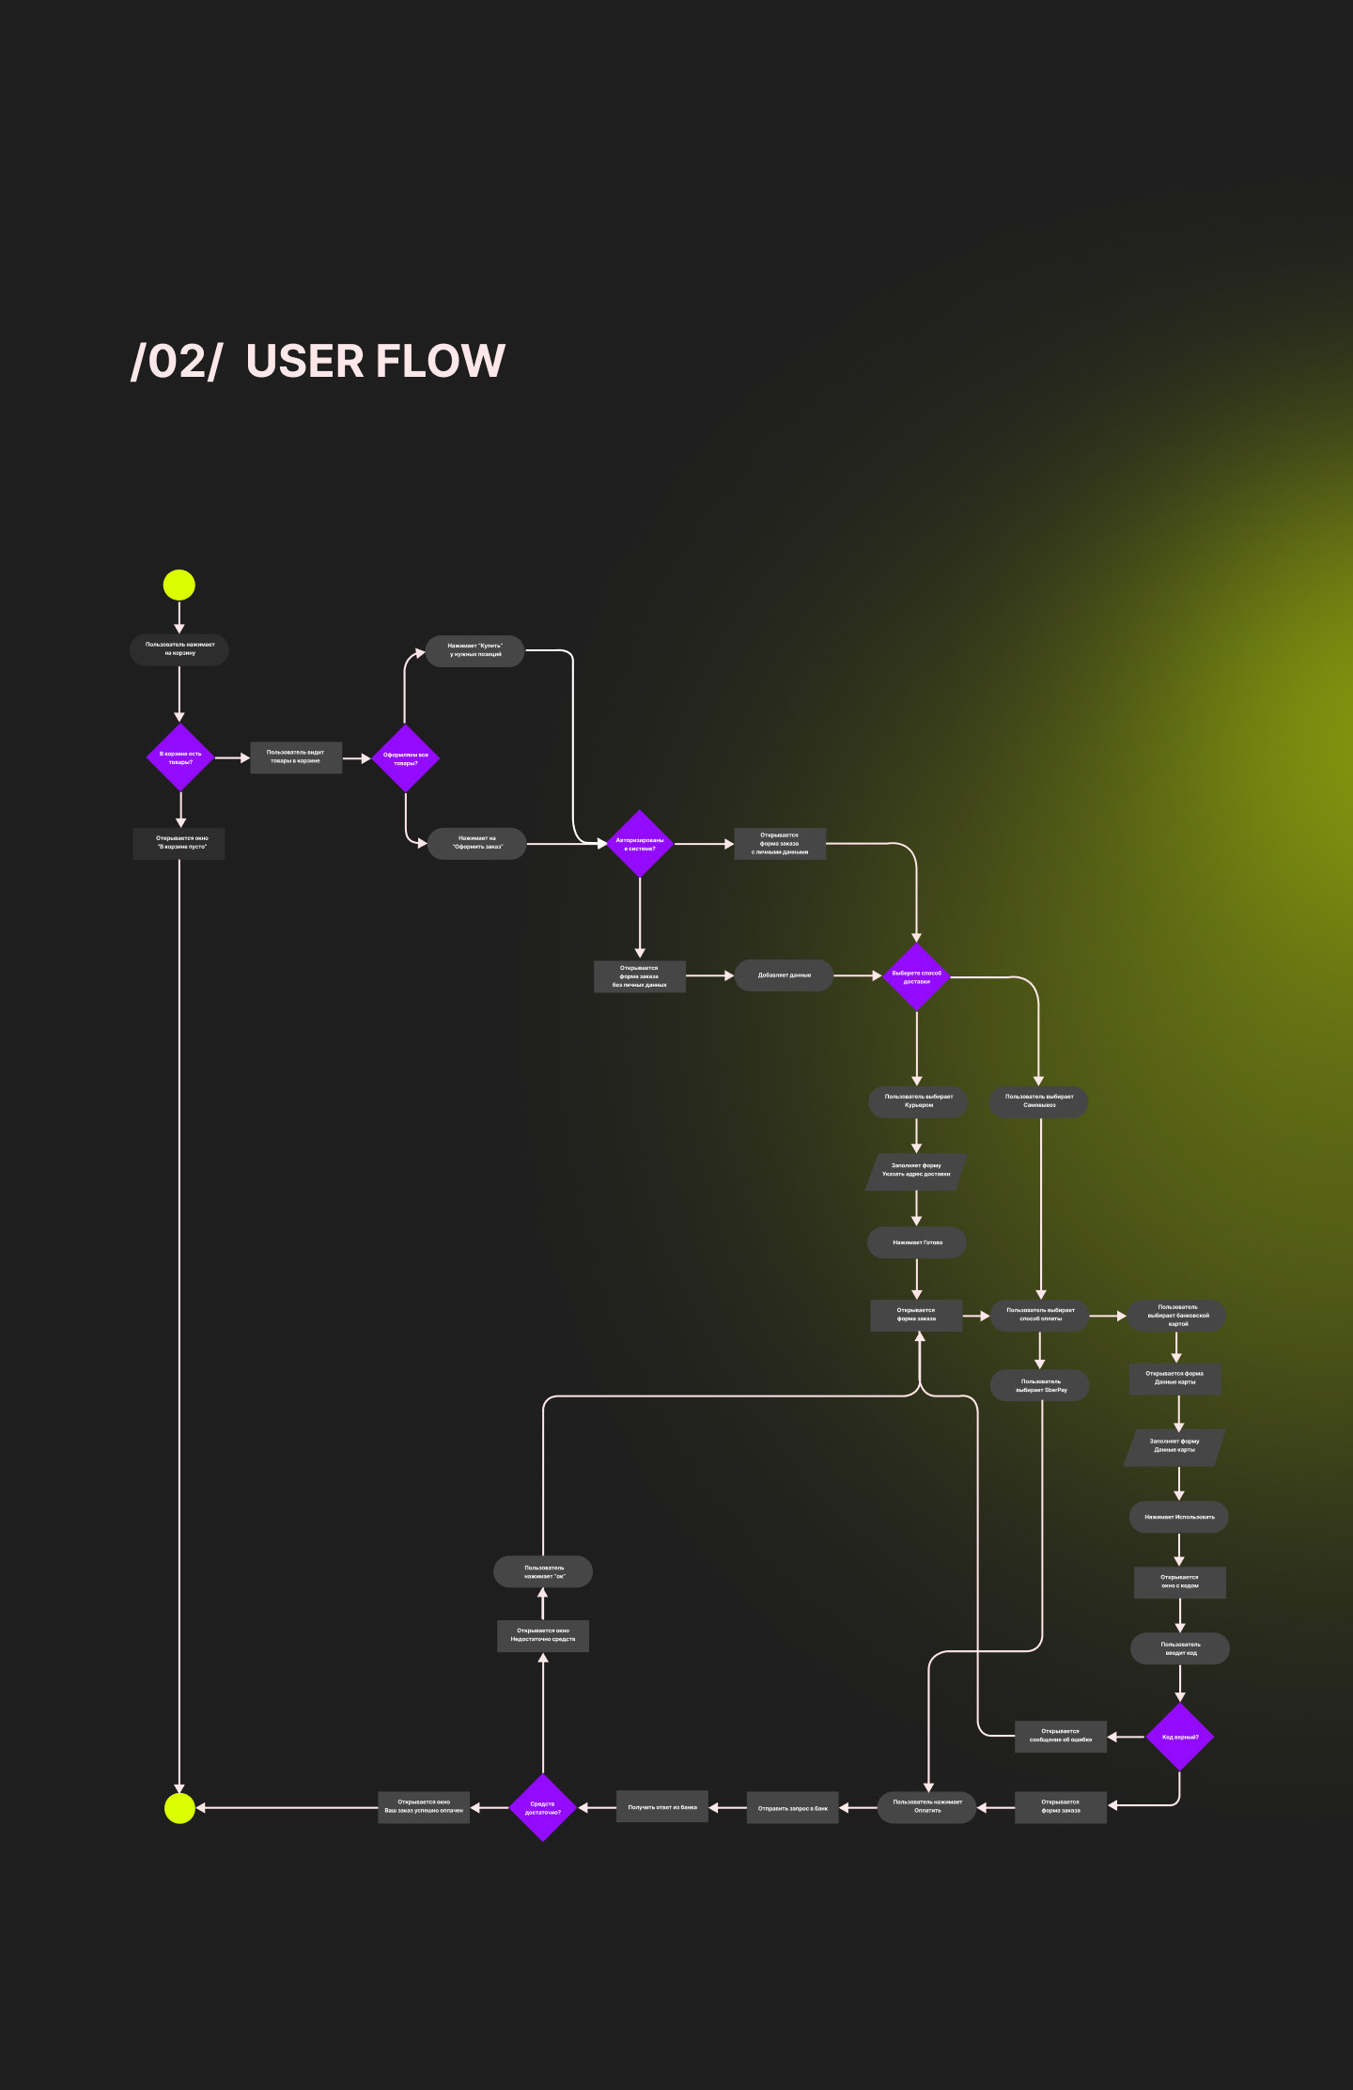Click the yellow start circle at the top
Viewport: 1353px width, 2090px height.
point(179,585)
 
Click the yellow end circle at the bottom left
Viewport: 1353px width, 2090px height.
point(179,1807)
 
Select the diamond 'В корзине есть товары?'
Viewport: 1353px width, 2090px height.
point(180,757)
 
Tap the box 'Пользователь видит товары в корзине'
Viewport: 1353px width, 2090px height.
point(295,757)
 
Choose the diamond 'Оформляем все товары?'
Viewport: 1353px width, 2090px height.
point(406,758)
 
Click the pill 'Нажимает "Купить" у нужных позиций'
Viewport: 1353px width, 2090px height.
point(474,650)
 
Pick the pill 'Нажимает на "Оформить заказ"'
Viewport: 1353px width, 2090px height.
point(477,843)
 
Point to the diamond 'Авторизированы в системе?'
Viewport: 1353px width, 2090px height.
point(640,844)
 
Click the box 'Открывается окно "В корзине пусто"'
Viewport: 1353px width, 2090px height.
point(179,843)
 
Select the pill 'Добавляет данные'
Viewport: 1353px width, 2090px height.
point(784,975)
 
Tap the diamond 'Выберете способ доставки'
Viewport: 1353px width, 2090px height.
point(916,977)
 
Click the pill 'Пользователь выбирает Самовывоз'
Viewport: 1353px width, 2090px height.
point(1038,1101)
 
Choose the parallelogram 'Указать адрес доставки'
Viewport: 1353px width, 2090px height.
point(916,1171)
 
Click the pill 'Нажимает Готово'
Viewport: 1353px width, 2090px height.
point(917,1242)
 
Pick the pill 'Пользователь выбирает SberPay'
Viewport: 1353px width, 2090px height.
point(1040,1386)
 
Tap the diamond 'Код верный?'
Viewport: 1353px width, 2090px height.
point(1179,1737)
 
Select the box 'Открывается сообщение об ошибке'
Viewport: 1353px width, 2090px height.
point(1060,1737)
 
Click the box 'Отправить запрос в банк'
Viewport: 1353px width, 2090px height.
point(792,1808)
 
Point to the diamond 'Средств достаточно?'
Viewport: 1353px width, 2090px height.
point(543,1807)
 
